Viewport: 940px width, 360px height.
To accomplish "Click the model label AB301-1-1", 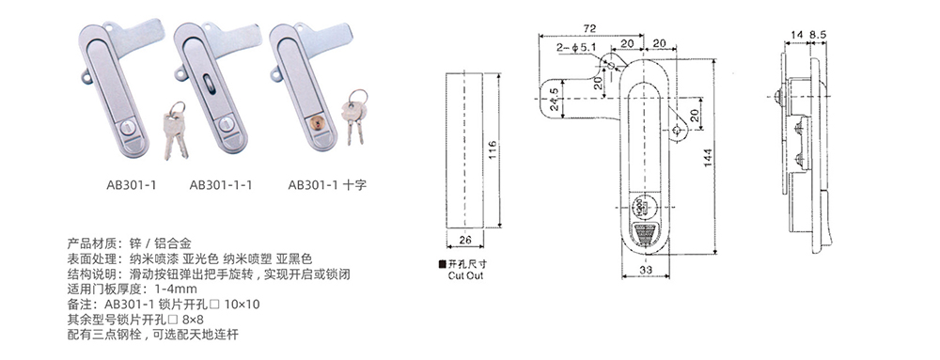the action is point(221,185).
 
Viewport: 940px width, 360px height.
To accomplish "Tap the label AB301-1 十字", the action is point(327,185).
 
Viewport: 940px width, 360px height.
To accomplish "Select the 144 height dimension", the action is point(708,157).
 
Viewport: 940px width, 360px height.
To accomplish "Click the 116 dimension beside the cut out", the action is point(493,150).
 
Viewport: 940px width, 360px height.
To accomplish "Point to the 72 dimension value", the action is point(591,28).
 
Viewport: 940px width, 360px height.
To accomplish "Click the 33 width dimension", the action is point(645,270).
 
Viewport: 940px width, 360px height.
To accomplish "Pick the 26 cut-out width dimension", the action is point(465,240).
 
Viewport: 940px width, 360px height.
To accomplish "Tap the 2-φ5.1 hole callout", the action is point(574,47).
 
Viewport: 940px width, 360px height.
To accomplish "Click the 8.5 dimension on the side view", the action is point(818,36).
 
